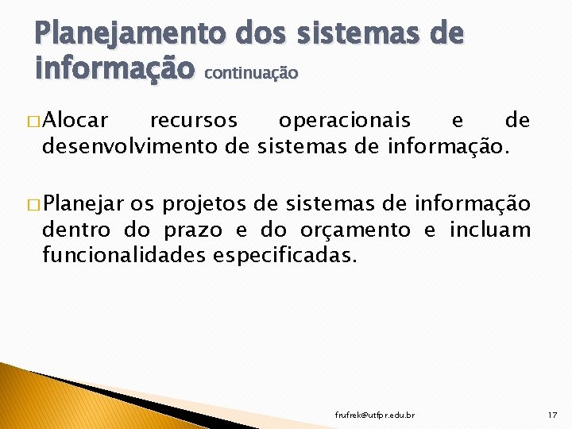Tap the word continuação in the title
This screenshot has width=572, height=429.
[x=251, y=73]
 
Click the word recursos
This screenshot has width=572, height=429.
[x=193, y=121]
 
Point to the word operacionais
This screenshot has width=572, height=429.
[x=344, y=121]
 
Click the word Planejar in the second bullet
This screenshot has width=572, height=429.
[x=80, y=205]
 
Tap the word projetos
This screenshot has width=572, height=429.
[x=205, y=205]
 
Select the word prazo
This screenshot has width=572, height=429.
[x=199, y=230]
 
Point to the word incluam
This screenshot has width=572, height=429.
[x=489, y=230]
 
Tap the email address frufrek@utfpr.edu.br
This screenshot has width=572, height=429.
[x=374, y=415]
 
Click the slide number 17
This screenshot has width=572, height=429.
[x=552, y=415]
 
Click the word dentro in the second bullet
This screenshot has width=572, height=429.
[x=78, y=230]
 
